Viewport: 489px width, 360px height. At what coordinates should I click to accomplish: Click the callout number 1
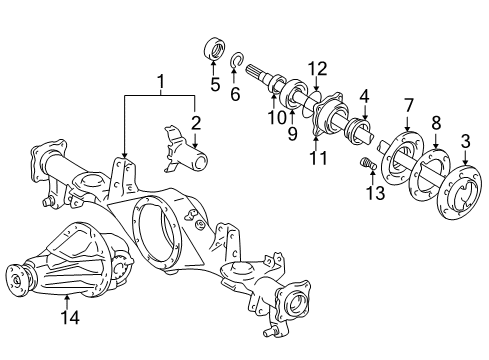coord(159,80)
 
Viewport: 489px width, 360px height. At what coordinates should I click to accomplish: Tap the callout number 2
coord(196,122)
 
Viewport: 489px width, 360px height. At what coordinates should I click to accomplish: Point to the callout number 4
coord(364,96)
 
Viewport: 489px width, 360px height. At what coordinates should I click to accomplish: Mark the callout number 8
coord(436,123)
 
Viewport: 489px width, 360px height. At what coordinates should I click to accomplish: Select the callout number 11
coord(317,157)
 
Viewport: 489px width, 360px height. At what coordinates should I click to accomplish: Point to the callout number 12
coord(317,68)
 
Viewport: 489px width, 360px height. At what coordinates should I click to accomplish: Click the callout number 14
coord(67,320)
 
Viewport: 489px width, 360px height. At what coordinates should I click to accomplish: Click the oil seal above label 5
coord(213,47)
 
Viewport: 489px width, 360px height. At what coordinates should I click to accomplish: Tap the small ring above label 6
coord(236,63)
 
